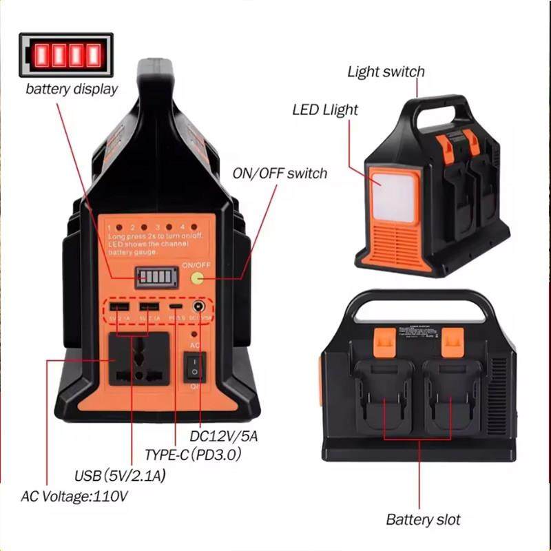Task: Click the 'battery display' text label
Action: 72,89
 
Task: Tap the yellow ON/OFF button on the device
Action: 198,278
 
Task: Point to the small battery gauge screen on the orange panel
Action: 155,278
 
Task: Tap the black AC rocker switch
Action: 194,366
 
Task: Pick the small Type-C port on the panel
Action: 178,307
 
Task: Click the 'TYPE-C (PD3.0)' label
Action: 193,455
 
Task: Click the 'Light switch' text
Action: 386,72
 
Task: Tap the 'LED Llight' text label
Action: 325,110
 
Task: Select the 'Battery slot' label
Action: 423,519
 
